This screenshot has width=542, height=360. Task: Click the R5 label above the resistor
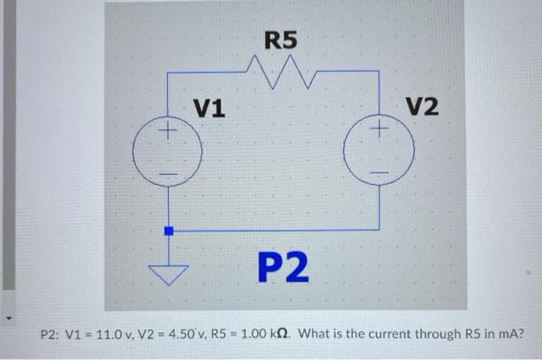pos(281,39)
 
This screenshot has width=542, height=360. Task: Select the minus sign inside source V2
pos(379,170)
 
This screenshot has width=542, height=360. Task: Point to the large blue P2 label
pos(283,268)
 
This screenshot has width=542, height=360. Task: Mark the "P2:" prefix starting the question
pos(51,334)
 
